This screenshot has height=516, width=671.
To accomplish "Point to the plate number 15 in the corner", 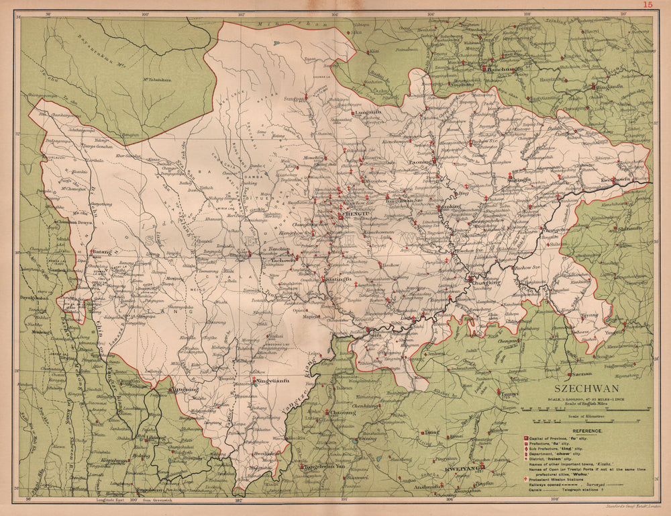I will point(648,5).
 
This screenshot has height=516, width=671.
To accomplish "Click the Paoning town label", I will point(420,161).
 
